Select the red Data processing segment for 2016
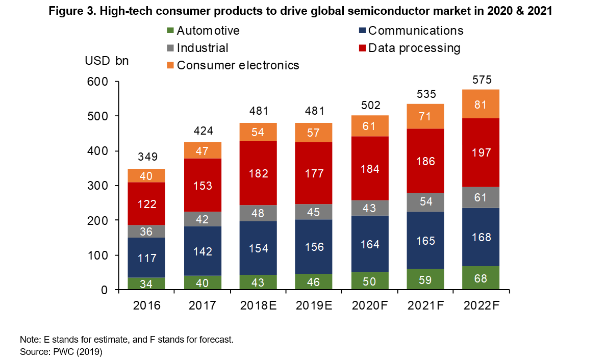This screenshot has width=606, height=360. coord(146,204)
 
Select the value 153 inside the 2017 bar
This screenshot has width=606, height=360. coord(203,185)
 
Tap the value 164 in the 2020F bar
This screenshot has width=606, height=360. coord(370,244)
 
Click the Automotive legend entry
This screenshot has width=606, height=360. coord(203,31)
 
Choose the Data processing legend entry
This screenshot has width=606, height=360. coord(409,48)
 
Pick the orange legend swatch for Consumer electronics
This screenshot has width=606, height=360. coord(170,65)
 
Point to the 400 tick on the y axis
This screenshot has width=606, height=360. coord(102,151)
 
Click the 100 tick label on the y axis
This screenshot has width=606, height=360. coord(102,255)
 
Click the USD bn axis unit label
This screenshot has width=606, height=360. coord(107,61)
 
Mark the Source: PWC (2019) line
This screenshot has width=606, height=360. coord(61,351)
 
